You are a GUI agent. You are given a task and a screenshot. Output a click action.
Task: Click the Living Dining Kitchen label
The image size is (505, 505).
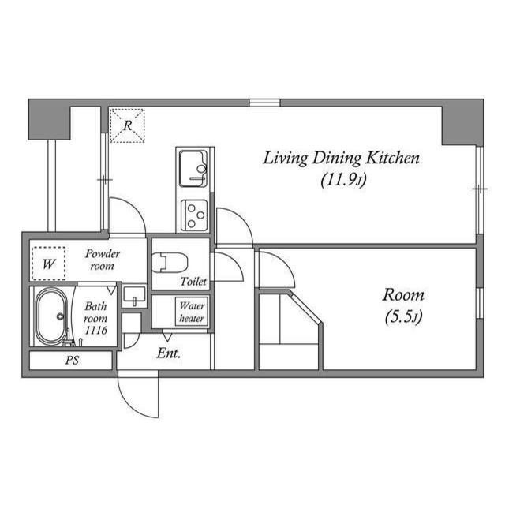(341, 159)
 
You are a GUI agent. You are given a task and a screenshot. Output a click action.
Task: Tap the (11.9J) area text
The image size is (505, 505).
(341, 180)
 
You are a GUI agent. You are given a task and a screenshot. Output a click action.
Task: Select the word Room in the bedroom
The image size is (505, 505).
(403, 296)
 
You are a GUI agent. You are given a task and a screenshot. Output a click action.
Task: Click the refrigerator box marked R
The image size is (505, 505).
(126, 125)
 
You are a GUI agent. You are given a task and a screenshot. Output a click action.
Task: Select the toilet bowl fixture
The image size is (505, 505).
(168, 260)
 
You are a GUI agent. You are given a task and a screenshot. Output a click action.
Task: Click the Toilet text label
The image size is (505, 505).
(193, 282)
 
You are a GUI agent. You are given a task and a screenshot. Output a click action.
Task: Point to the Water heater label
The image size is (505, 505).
(192, 312)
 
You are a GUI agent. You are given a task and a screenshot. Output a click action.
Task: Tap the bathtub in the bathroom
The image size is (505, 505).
(53, 317)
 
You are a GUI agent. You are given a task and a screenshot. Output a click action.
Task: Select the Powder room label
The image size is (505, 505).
(103, 260)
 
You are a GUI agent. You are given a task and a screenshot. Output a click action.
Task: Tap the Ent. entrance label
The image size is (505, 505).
(169, 353)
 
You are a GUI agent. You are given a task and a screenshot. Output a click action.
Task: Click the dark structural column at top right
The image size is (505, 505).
(462, 122)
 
